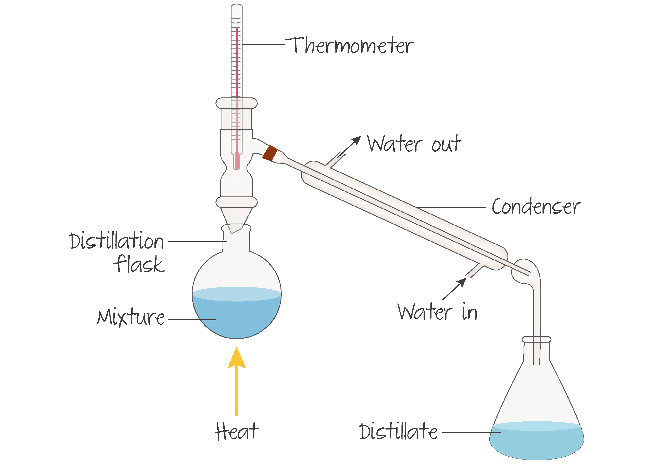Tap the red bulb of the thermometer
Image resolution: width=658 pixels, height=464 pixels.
pos(237,161)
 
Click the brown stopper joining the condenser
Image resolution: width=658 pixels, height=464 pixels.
pos(270,153)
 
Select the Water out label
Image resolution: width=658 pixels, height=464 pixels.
pos(414,144)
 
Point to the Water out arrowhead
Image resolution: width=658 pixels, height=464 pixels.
pos(357,140)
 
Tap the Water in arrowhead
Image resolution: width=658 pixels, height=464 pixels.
pos(462,282)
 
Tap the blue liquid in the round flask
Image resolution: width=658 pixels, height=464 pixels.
pos(237,318)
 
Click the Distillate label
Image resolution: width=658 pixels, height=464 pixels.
pos(398,432)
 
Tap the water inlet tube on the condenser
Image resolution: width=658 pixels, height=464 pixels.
pos(474,271)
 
